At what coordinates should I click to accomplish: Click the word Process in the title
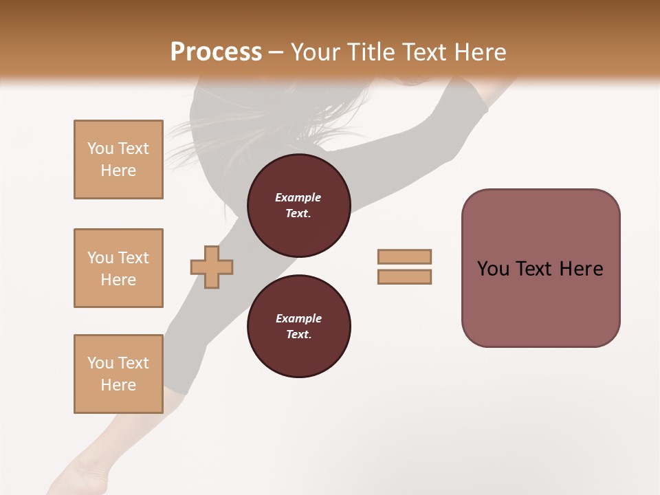(x=216, y=52)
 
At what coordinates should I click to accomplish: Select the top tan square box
(x=118, y=159)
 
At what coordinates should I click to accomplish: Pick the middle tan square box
(x=118, y=268)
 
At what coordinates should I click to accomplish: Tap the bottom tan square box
(x=118, y=374)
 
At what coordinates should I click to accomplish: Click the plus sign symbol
(x=212, y=267)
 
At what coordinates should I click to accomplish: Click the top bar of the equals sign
(x=404, y=256)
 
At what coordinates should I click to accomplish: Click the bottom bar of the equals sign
(x=404, y=277)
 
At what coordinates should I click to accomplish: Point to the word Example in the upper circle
(x=298, y=197)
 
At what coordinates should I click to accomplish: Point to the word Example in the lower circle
(x=298, y=318)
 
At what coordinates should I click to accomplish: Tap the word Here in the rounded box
(x=581, y=269)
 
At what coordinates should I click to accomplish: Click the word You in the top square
(x=100, y=148)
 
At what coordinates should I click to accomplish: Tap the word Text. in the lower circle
(x=298, y=335)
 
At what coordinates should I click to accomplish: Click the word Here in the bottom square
(x=118, y=385)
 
